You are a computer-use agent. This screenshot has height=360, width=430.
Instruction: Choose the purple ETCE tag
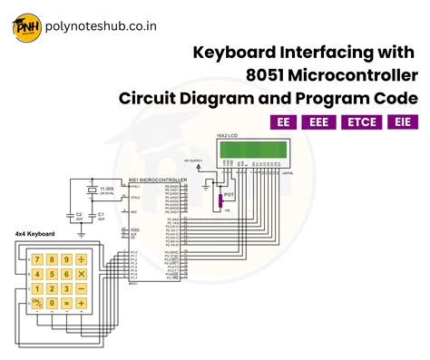(x=363, y=122)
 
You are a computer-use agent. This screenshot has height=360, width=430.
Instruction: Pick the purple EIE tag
(x=402, y=122)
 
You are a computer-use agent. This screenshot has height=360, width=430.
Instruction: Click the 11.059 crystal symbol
(x=90, y=190)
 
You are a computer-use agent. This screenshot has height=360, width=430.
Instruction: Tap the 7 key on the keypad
(x=38, y=259)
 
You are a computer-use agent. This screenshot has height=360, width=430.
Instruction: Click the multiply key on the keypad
(x=82, y=273)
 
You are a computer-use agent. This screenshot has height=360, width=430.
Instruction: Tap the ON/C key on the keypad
(x=38, y=301)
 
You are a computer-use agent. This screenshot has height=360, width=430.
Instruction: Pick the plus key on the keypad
(x=82, y=301)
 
